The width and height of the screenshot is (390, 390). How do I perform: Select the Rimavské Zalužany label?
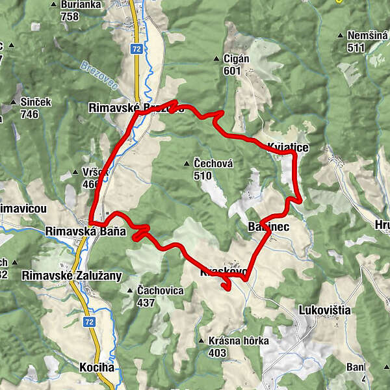click(x=71, y=276)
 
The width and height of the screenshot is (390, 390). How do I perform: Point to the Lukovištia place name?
click(x=325, y=310)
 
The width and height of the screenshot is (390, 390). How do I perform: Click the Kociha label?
click(x=97, y=367)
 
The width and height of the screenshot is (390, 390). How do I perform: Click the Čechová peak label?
click(x=213, y=163)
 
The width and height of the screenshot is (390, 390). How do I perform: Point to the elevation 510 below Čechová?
click(x=203, y=175)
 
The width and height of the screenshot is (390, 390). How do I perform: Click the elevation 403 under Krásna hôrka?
click(x=217, y=353)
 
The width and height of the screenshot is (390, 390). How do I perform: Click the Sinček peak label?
click(x=34, y=102)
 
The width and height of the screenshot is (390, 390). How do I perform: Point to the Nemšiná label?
click(x=367, y=36)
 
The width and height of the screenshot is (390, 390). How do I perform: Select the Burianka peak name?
click(x=79, y=5)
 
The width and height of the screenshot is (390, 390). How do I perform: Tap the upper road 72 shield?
click(x=135, y=49)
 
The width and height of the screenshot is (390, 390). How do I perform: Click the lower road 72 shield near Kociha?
click(x=90, y=322)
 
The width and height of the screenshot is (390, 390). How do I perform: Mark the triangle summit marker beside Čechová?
click(x=188, y=163)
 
